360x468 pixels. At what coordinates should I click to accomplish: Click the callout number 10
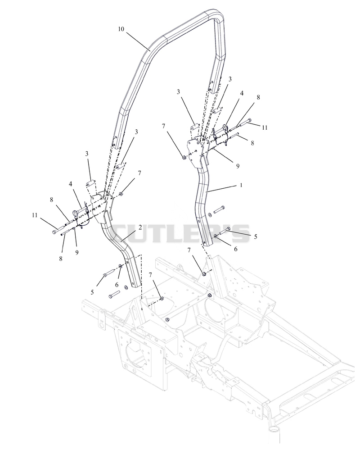tap(121, 29)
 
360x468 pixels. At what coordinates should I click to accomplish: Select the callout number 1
tap(241, 185)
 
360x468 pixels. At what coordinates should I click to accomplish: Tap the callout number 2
tap(140, 228)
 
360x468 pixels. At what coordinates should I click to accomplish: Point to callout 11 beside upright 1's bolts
tap(265, 128)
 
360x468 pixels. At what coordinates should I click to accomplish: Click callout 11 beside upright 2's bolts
tap(35, 215)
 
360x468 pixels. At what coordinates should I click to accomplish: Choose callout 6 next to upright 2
tap(117, 285)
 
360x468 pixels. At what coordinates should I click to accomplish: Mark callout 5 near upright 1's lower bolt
tap(256, 236)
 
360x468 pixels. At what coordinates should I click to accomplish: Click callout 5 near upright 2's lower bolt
tap(92, 292)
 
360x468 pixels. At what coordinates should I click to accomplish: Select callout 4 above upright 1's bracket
tap(242, 93)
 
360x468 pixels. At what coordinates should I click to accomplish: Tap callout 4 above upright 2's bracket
tap(71, 184)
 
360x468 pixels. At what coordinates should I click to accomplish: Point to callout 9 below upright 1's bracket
tap(238, 166)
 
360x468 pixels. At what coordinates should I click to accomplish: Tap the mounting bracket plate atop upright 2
tap(100, 206)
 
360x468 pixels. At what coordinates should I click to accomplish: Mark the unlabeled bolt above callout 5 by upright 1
tap(219, 209)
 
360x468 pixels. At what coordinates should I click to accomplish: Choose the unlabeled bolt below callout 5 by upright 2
tap(114, 294)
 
